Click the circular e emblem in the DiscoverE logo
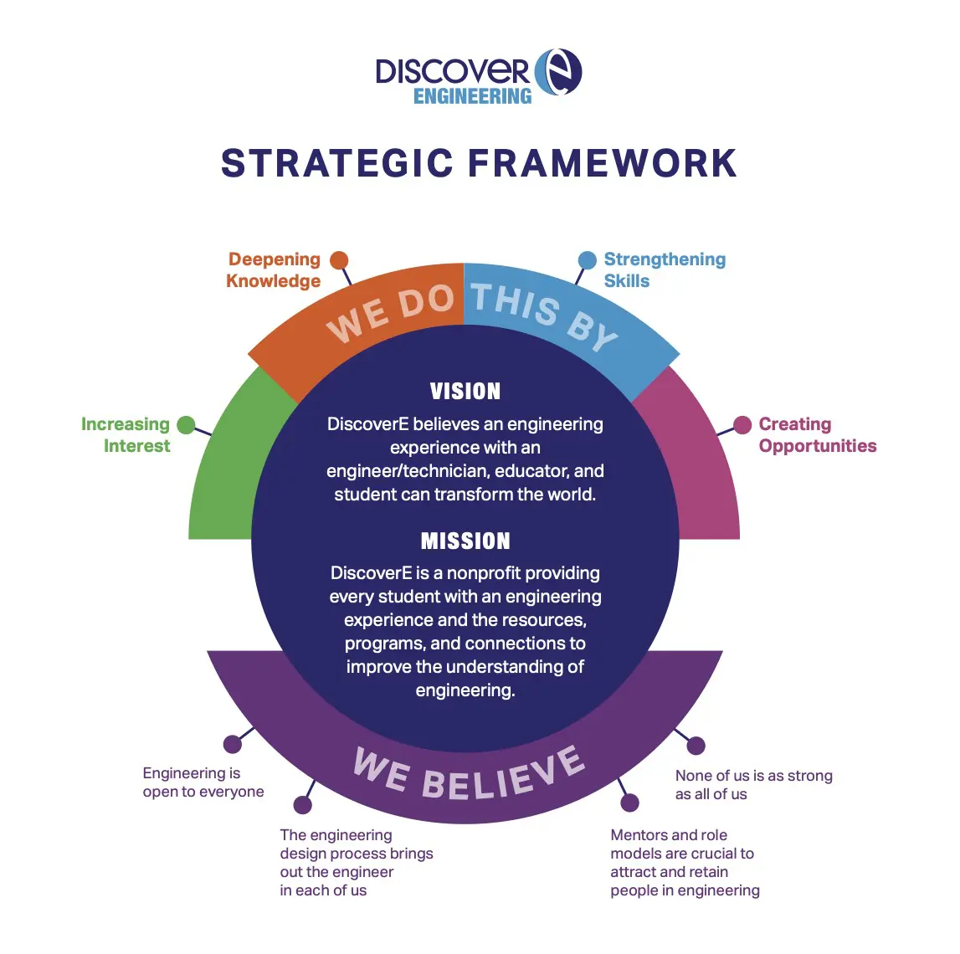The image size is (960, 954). (557, 72)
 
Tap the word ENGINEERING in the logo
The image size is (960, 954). (473, 96)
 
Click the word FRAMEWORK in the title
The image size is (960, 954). (603, 163)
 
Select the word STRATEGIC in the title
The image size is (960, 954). (337, 163)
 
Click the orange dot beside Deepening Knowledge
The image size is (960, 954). (339, 260)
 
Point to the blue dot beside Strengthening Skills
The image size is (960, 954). (588, 260)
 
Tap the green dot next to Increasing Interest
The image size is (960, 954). (186, 425)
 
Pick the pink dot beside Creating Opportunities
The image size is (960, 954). (742, 425)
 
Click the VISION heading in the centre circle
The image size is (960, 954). (465, 392)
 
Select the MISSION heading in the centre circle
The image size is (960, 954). (465, 541)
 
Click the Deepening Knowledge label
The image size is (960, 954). (274, 270)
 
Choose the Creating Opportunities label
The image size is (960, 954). (818, 435)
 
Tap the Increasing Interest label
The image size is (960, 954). (126, 435)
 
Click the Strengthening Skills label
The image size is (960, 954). (665, 270)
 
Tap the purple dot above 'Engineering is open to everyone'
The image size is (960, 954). (233, 745)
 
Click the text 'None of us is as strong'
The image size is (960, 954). (753, 776)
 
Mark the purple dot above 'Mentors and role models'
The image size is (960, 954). (629, 803)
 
